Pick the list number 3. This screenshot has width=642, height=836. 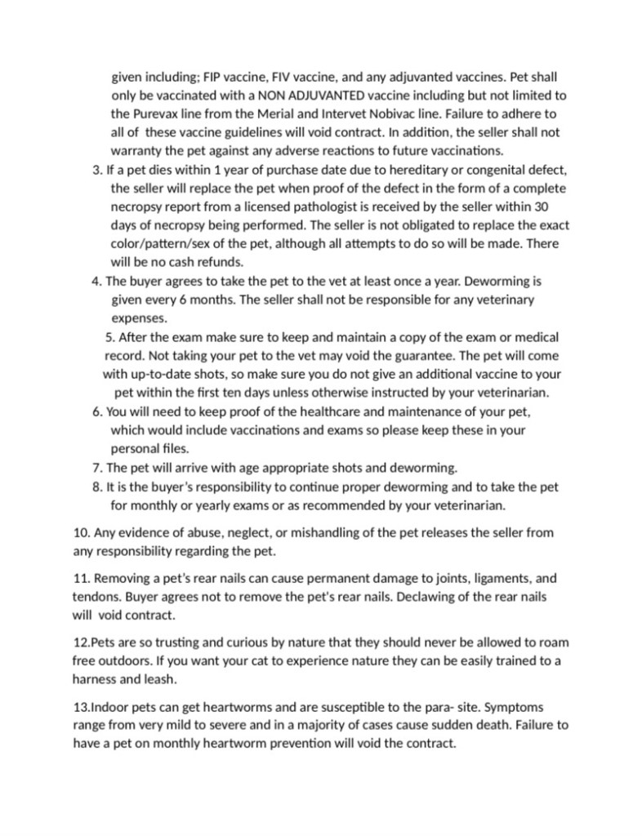pos(90,171)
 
